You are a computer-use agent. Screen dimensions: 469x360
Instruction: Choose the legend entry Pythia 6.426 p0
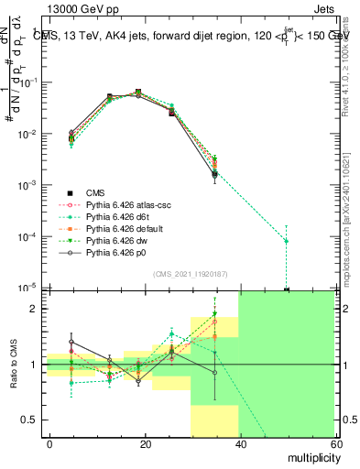coord(115,253)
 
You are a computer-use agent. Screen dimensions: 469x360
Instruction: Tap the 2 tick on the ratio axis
coord(36,309)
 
